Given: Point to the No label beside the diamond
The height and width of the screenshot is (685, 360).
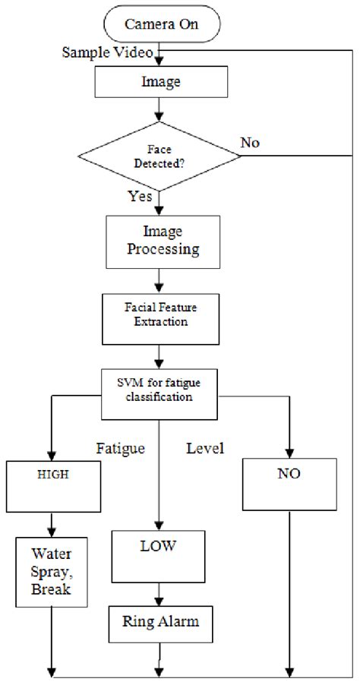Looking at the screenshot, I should (x=251, y=142).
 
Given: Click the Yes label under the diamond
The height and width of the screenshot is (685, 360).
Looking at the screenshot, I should (x=140, y=197).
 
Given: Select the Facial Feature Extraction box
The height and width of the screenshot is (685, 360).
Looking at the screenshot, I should (x=159, y=315).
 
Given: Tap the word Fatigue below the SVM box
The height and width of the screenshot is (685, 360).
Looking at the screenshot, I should (x=122, y=449).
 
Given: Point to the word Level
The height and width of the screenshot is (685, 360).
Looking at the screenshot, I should (x=205, y=449).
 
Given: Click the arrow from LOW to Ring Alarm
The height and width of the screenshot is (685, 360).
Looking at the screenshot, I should (x=159, y=592).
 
